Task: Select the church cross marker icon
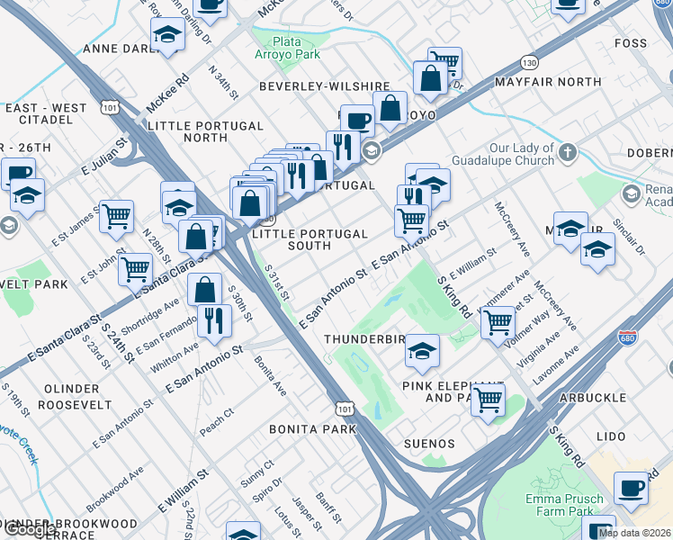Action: coord(567,153)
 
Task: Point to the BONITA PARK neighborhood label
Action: coord(313,429)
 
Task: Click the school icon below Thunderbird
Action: coord(421,350)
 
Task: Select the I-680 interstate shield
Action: coord(628,338)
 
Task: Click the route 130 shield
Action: coord(529,62)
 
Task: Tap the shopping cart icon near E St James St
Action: coord(116,216)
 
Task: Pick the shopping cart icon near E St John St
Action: coord(135,267)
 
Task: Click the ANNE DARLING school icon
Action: coord(167,35)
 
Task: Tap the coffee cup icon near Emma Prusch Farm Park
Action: coord(631,488)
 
